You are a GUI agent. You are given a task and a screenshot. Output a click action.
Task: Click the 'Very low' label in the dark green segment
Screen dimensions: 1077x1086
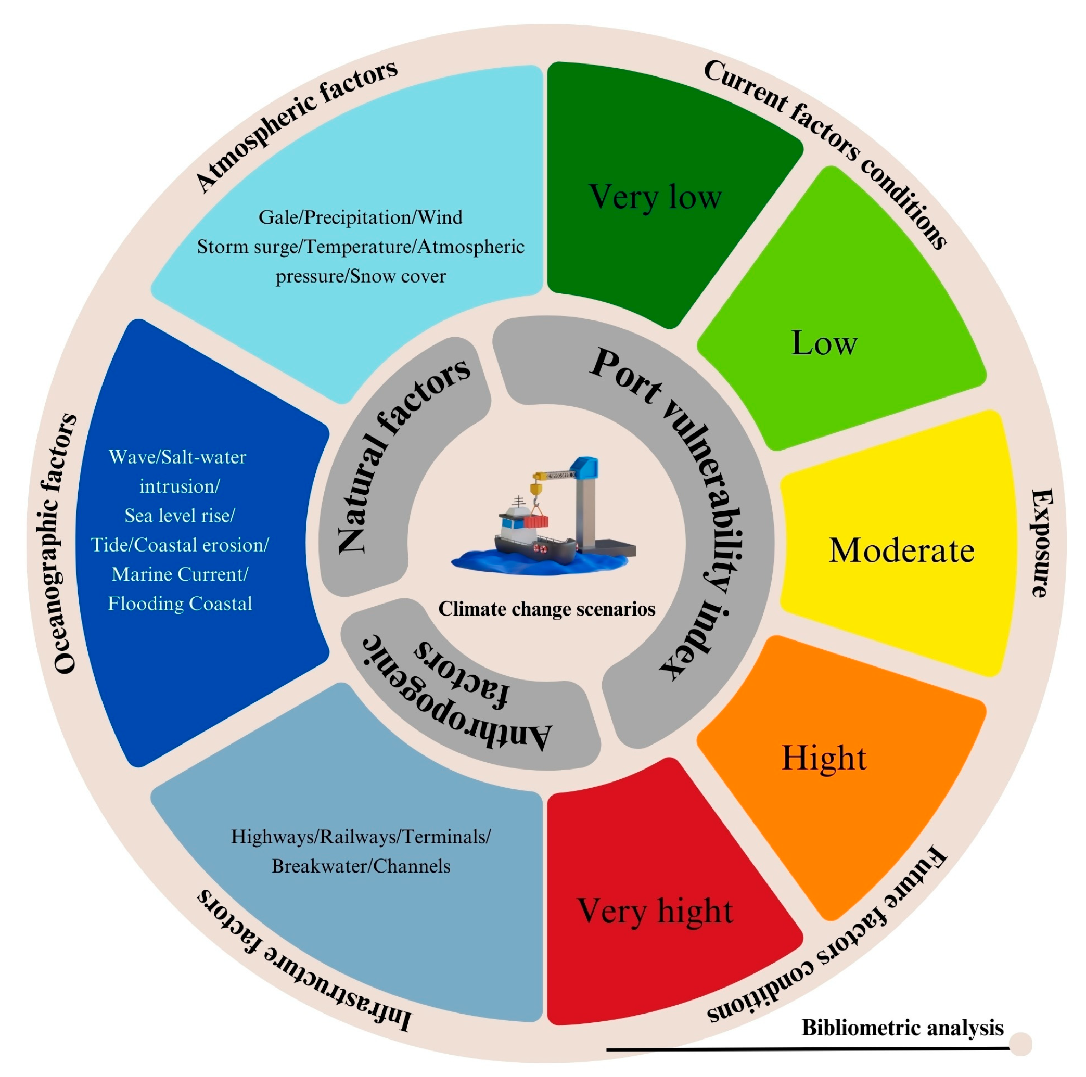(655, 197)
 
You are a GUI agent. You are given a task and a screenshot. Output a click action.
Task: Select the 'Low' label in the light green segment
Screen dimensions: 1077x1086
(824, 343)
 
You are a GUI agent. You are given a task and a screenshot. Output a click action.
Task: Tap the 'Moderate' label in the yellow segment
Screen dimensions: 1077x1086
(901, 550)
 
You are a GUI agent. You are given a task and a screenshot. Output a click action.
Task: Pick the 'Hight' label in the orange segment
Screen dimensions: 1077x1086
(824, 758)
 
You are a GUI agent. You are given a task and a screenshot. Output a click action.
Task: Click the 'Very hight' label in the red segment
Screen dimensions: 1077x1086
(655, 911)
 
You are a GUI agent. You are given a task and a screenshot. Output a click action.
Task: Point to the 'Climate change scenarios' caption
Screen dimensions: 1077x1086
(546, 609)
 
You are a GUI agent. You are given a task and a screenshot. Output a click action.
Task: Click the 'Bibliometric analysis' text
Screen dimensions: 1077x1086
(902, 1028)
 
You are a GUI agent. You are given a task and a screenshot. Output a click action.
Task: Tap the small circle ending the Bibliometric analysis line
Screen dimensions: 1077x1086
(1020, 1044)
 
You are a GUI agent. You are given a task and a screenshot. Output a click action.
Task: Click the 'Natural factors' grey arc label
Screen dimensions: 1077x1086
(402, 455)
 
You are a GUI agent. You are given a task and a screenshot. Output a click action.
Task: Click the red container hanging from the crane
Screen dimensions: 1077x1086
(535, 522)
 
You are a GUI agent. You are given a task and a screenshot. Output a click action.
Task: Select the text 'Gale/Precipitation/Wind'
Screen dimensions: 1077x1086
(360, 217)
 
